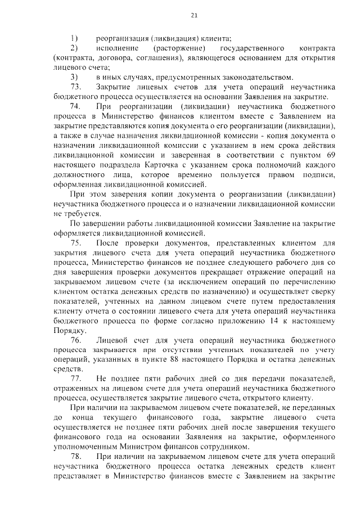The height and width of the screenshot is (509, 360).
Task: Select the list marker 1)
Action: click(74, 38)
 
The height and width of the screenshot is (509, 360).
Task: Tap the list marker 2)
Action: click(74, 48)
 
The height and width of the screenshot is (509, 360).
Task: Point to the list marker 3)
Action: click(74, 76)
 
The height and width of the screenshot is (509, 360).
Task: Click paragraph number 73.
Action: click(76, 87)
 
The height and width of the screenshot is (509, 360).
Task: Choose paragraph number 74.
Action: click(76, 106)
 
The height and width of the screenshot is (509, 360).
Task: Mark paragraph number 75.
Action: click(76, 243)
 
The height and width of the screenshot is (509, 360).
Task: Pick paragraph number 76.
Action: click(76, 341)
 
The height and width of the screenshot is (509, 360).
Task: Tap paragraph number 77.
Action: click(76, 379)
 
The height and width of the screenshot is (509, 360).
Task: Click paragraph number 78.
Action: click(76, 456)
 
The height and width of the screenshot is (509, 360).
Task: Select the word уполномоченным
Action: click(91, 447)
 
